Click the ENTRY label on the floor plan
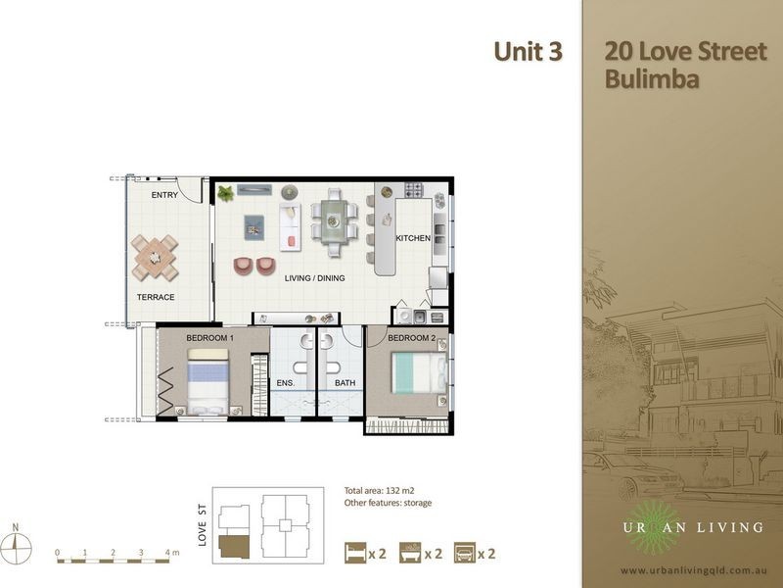pos(164,195)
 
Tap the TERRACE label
pos(156,297)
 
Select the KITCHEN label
pos(413,238)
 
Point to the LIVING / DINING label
pos(314,278)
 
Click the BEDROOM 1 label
pos(209,338)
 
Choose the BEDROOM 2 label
pos(411,338)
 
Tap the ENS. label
pos(286,383)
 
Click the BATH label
pos(345,383)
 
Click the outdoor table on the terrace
pos(155,258)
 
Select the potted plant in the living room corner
pos(226,193)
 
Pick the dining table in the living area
pos(334,220)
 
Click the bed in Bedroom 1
pos(207,382)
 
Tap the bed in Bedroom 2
pos(419,373)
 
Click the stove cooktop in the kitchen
pos(414,190)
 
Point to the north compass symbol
pos(17,545)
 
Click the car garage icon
pos(464,553)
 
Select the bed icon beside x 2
pos(355,553)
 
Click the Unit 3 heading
pos(528,52)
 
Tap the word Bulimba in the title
pos(652,79)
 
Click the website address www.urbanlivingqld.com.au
pos(694,570)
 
